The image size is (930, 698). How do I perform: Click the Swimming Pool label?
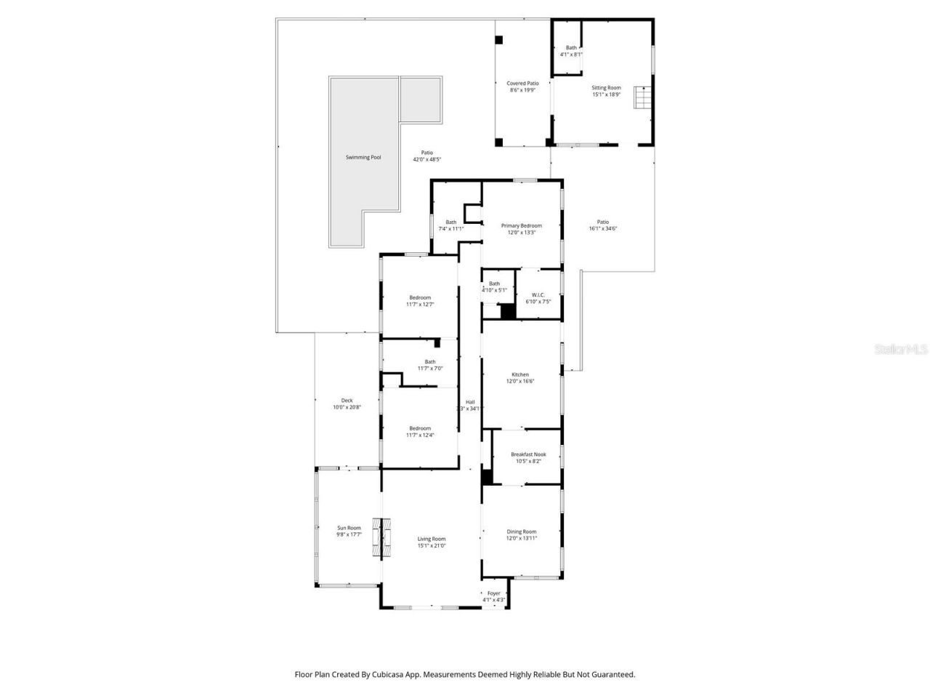(363, 157)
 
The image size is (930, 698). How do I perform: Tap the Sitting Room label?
(606, 87)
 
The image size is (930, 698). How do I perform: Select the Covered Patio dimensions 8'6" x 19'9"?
(522, 90)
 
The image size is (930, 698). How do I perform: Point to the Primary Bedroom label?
(521, 225)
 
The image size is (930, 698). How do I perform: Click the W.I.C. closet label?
(538, 294)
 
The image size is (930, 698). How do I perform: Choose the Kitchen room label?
(520, 374)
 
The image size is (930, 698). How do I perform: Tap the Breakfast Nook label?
(528, 454)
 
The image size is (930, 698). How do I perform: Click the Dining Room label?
(521, 531)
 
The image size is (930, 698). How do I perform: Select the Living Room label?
(432, 539)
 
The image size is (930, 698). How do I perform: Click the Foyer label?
(494, 593)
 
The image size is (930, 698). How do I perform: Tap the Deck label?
(347, 400)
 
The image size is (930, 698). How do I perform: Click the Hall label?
(470, 402)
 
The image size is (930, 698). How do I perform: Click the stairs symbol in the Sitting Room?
(641, 97)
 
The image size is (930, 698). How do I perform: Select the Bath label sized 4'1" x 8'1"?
(571, 48)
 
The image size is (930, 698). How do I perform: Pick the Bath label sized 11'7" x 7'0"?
(430, 361)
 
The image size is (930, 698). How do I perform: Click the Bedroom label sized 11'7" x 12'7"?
(420, 297)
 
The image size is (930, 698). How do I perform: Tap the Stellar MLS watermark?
(901, 349)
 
